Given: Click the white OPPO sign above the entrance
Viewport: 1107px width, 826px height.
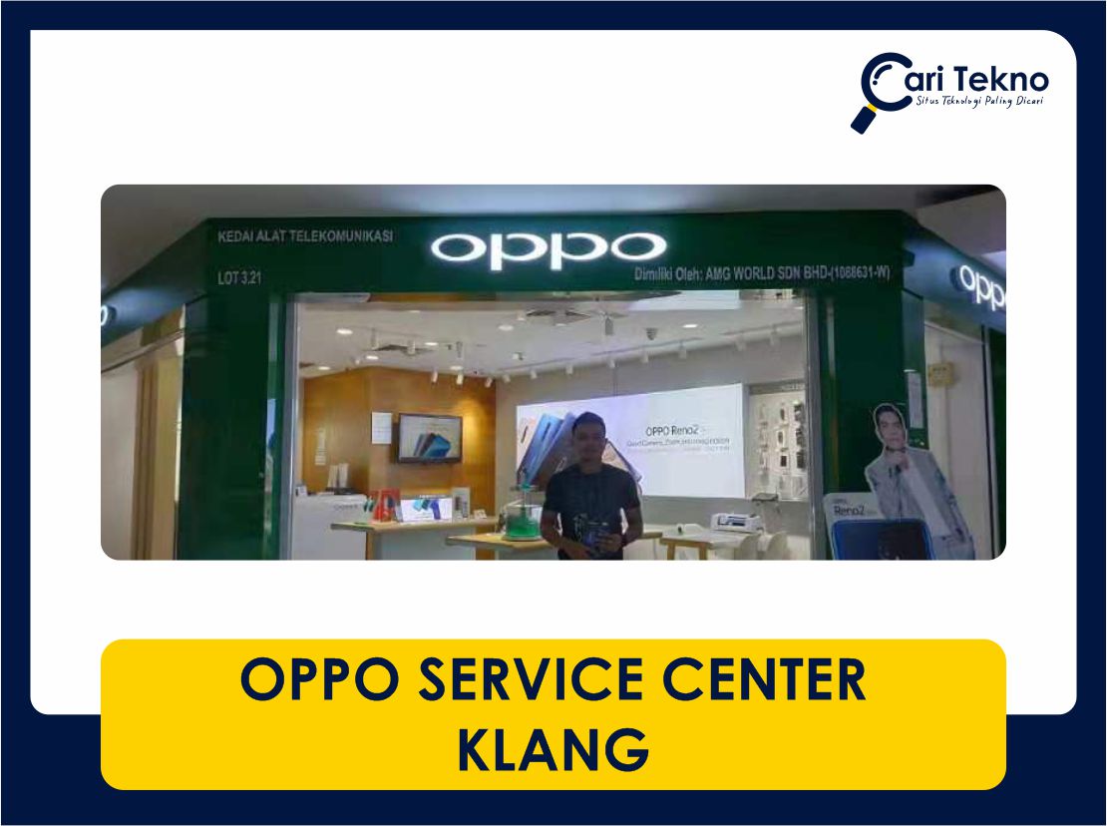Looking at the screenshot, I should click(x=548, y=249).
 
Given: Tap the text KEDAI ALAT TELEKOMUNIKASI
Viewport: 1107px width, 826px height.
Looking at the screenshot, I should click(x=305, y=237).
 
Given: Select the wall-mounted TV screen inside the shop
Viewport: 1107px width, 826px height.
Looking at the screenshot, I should click(x=429, y=437).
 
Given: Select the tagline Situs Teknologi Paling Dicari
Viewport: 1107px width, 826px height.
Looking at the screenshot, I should click(x=979, y=104).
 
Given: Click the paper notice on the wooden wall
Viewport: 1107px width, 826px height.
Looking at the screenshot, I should click(x=382, y=426).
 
